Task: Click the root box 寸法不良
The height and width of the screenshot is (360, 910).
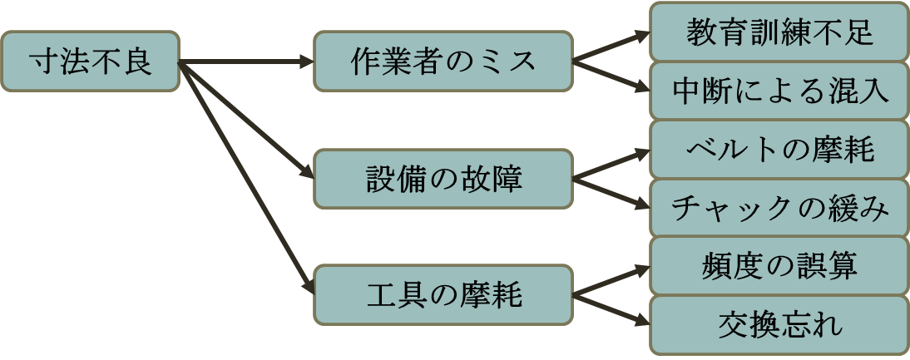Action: (x=90, y=62)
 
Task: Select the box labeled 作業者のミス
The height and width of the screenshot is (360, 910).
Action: (x=443, y=62)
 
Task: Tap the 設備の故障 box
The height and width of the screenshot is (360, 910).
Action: (x=443, y=179)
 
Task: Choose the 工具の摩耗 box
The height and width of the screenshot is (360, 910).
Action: (x=443, y=295)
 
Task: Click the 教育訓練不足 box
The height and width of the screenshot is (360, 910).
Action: (x=779, y=32)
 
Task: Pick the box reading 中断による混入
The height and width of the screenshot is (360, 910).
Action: (x=779, y=91)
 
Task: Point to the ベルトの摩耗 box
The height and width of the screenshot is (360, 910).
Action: (x=779, y=150)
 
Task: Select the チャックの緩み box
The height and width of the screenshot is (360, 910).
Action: (x=779, y=208)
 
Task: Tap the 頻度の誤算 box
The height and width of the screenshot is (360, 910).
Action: (x=779, y=266)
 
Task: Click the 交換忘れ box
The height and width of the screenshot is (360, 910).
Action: (x=779, y=325)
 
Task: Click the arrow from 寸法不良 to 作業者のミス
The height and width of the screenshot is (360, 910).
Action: (x=247, y=62)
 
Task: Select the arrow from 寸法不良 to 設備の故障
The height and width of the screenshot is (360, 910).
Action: (x=247, y=120)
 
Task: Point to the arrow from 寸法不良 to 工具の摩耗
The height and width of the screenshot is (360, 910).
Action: (x=247, y=178)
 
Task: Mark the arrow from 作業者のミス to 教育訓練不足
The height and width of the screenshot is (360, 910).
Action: (x=611, y=47)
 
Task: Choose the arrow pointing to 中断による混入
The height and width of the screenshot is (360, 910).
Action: (x=611, y=76)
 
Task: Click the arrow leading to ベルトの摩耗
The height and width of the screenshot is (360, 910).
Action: (x=611, y=165)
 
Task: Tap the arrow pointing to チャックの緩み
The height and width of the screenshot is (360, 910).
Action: (x=611, y=194)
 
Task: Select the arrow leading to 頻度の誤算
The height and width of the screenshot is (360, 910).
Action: (x=611, y=280)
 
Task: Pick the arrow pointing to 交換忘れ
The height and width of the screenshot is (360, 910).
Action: (x=611, y=310)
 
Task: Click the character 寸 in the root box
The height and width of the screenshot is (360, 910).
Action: (x=43, y=62)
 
